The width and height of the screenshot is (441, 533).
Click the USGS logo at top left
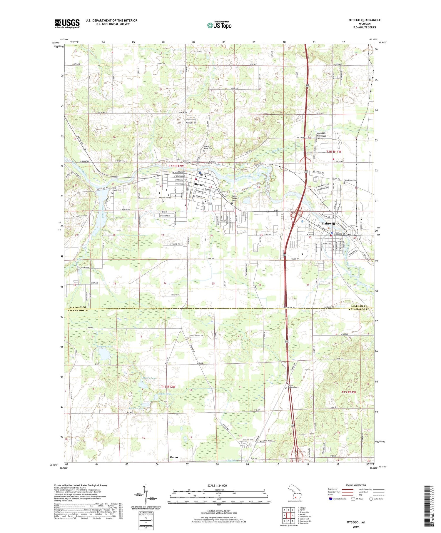pyautogui.click(x=67, y=24)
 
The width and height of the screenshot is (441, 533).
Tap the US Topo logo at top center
pyautogui.click(x=219, y=25)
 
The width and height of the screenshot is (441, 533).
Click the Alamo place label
pyautogui.click(x=173, y=457)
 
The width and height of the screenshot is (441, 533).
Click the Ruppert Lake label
pyautogui.click(x=102, y=347)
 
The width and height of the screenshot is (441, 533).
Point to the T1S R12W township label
pyautogui.click(x=168, y=387)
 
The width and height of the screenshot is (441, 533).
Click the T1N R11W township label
pyautogui.click(x=334, y=152)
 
